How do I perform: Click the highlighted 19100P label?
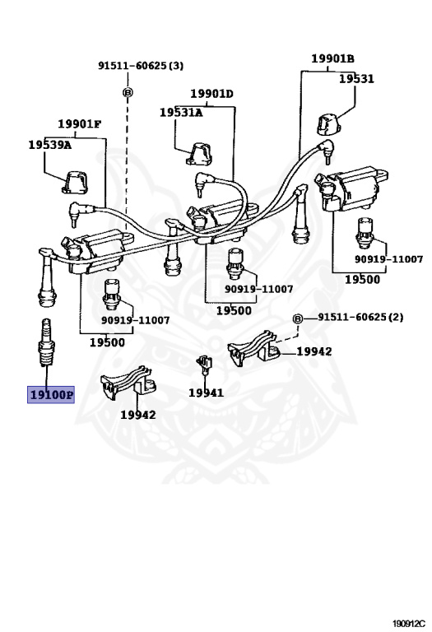(52, 395)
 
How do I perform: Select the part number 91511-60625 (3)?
(141, 66)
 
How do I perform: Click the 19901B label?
(332, 58)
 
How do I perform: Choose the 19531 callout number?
(356, 79)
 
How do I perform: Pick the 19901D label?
(211, 94)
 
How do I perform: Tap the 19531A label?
(181, 112)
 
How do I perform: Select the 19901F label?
(79, 124)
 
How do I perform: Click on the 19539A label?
(49, 144)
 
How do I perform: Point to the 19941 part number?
(206, 393)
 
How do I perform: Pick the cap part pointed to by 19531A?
(199, 153)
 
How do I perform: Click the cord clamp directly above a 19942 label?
(128, 382)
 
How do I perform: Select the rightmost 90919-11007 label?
(388, 259)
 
